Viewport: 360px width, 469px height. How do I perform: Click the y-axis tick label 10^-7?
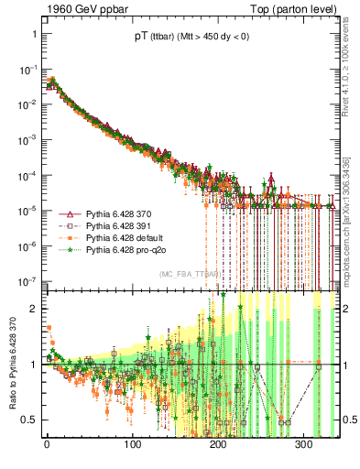(x=28, y=280)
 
